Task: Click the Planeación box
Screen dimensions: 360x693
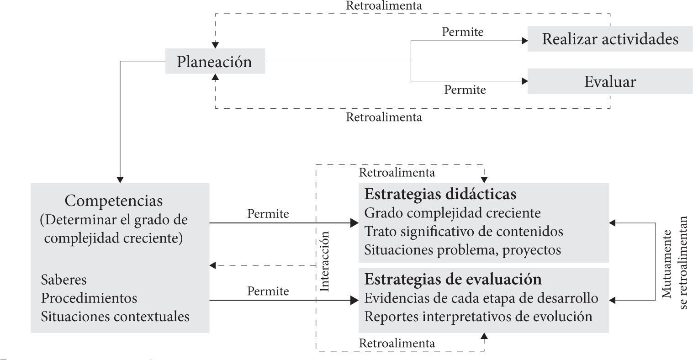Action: pos(215,61)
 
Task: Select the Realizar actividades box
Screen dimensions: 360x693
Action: pos(610,39)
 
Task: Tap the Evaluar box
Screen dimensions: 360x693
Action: pos(610,82)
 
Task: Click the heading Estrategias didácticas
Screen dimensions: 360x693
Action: pos(440,194)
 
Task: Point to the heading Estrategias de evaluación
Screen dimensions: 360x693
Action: pos(453,279)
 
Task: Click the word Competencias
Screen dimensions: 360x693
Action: pos(114,201)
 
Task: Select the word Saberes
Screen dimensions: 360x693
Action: pos(63,280)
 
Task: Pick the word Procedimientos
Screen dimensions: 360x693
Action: pos(89,298)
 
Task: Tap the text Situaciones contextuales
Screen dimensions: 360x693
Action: pos(115,316)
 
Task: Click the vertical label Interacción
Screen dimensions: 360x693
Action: pos(325,261)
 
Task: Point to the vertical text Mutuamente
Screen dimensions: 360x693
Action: pos(667,264)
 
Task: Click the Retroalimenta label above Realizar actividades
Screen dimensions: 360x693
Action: pos(384,6)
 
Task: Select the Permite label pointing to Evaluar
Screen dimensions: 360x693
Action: pos(465,90)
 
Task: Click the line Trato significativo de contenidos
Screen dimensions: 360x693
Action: pos(464,231)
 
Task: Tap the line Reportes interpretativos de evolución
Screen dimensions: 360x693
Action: pos(478,316)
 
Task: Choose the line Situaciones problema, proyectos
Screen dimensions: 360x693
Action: pos(462,250)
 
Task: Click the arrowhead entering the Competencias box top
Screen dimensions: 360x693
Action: pos(120,179)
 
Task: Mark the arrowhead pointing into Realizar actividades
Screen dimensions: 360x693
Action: pos(524,41)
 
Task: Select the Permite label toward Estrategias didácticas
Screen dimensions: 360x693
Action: pos(268,213)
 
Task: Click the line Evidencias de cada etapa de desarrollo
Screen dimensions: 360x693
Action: pos(481,298)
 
